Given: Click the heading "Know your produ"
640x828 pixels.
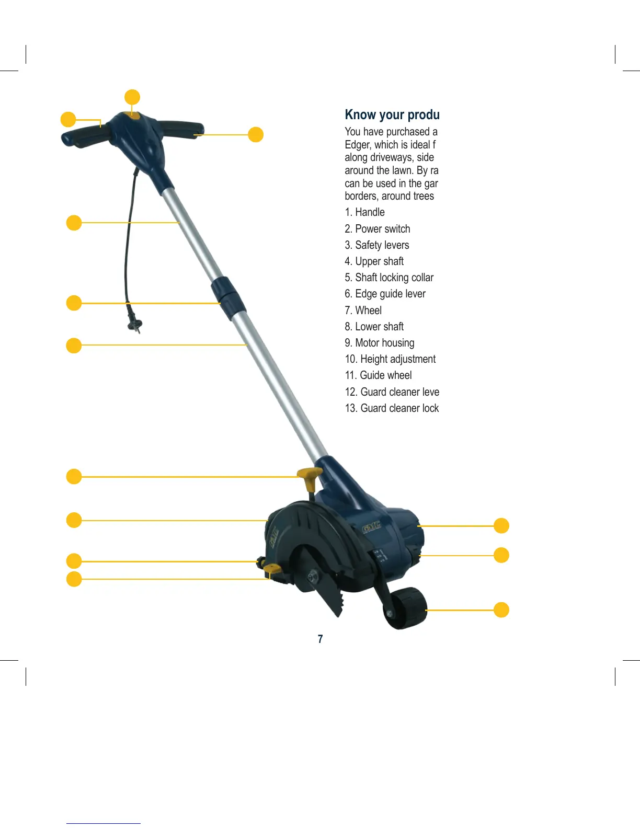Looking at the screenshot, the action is click(392, 114).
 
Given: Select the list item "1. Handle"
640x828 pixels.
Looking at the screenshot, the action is click(364, 212).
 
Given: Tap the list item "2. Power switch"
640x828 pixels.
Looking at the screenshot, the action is click(377, 229).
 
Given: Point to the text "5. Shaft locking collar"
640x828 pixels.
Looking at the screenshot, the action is click(389, 278).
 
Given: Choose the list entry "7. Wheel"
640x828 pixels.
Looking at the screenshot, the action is click(363, 310).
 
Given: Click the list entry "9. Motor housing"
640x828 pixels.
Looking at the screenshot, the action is click(379, 343).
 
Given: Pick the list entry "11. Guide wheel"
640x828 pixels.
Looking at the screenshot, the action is click(378, 375).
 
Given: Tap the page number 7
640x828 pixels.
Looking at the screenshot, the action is click(320, 639).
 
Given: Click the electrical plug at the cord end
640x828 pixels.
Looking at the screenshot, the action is click(135, 324).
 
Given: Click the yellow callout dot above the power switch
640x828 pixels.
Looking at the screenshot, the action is click(132, 97).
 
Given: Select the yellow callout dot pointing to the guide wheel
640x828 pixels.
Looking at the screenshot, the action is click(501, 609).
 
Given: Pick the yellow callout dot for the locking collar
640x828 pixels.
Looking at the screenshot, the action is click(74, 303).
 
